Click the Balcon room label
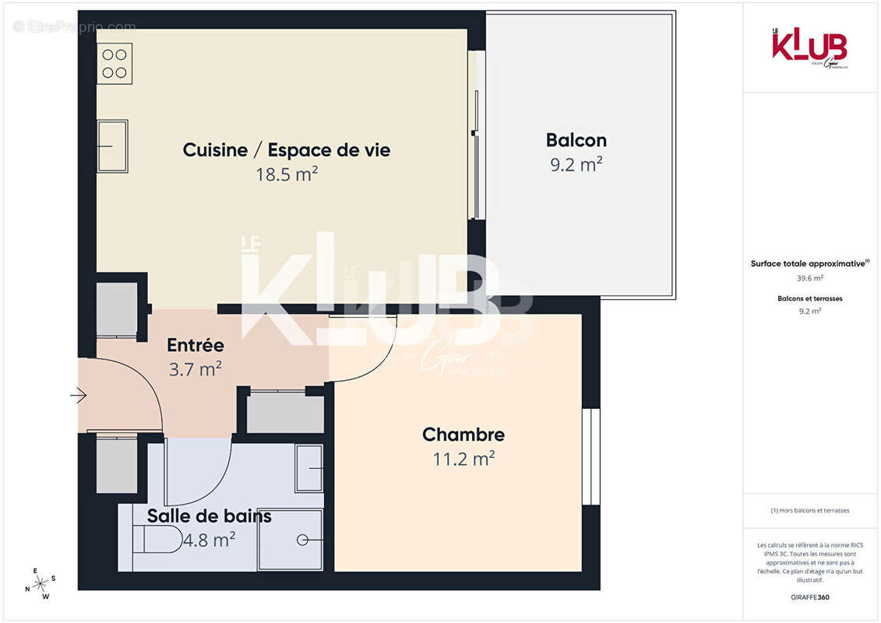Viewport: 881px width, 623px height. pos(576,140)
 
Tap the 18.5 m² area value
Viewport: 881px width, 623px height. pos(287,174)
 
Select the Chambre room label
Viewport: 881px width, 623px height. pos(463,435)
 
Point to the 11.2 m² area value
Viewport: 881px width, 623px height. pos(463,459)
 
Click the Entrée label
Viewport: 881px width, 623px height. pos(196,345)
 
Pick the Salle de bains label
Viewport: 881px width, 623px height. pos(209,516)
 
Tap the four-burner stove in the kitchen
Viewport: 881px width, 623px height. pos(115,63)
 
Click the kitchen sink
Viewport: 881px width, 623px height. pos(112,146)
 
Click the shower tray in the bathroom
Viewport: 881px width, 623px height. pos(290,539)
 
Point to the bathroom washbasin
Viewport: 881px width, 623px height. pos(309,468)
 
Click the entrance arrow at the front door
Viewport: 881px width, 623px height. pos(78,396)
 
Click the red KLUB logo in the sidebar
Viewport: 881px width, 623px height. pos(809,47)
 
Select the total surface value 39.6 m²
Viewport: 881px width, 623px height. pos(810,277)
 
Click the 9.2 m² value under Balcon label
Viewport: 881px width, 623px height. pos(576,164)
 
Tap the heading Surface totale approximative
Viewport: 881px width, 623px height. pos(808,263)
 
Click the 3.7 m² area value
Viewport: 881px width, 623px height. pos(196,369)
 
